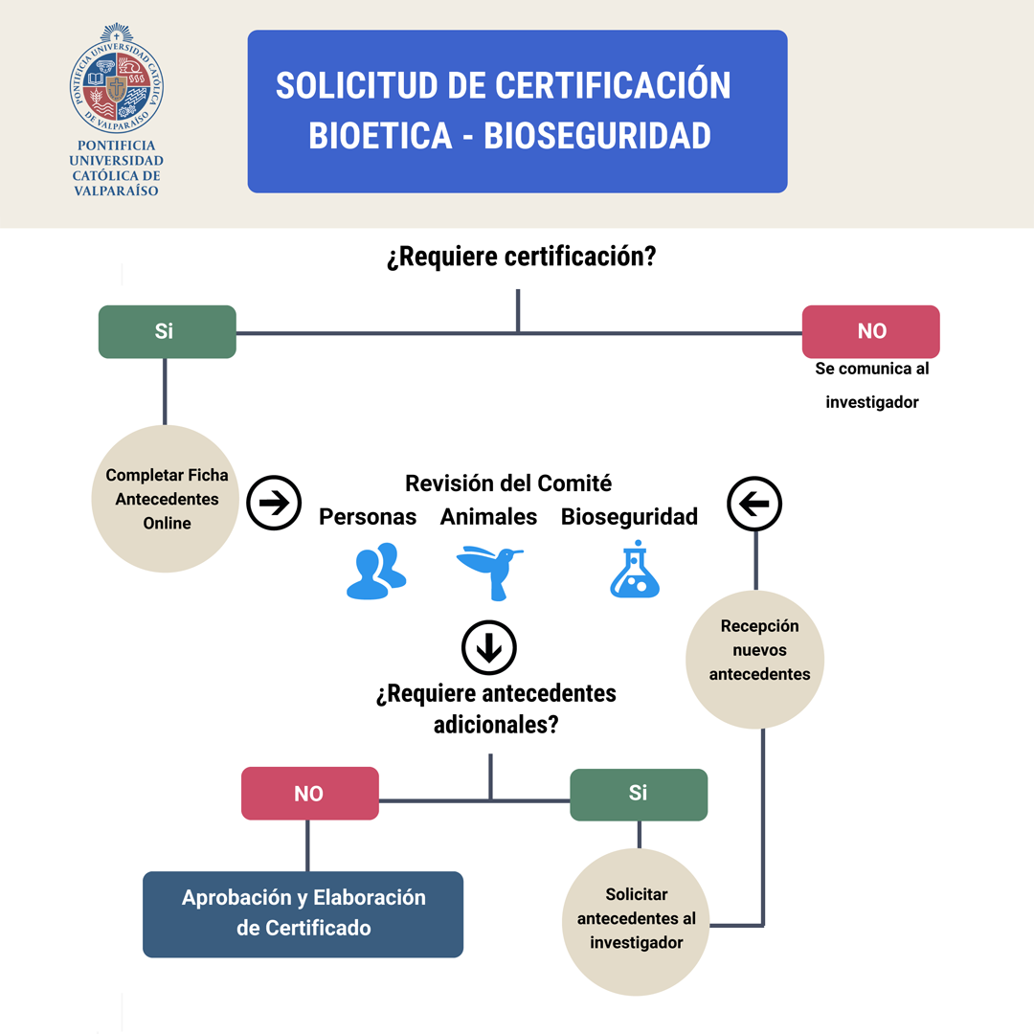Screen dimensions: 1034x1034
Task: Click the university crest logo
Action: (x=117, y=78)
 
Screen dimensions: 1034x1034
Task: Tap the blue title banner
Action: (x=517, y=111)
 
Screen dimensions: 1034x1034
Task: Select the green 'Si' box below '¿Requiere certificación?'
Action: (x=167, y=331)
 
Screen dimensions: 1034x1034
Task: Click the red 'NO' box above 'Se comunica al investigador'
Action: (x=870, y=331)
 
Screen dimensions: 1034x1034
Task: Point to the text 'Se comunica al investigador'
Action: (x=871, y=385)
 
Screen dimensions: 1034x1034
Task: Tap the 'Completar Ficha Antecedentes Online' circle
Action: (x=167, y=499)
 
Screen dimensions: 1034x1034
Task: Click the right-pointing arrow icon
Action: (x=274, y=504)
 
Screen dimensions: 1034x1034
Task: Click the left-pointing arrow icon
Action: (x=754, y=503)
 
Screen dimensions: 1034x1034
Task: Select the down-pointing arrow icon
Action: (x=489, y=648)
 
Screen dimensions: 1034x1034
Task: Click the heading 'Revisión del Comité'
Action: (x=508, y=483)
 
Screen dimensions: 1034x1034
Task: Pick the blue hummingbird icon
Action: (x=489, y=572)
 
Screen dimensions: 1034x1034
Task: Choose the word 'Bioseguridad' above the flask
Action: (x=629, y=517)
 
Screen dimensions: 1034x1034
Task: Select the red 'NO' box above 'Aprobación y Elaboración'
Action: (x=309, y=794)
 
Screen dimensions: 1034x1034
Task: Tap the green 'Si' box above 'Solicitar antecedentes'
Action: (x=639, y=794)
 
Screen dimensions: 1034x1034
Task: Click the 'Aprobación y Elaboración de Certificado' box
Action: (x=303, y=913)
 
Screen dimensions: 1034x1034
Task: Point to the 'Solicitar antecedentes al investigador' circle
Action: (x=637, y=918)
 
